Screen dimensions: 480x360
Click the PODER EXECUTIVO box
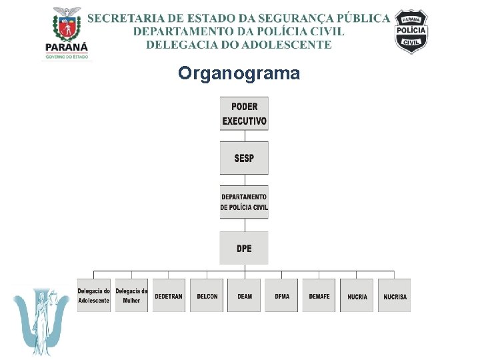(244, 113)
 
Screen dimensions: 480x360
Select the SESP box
(244, 158)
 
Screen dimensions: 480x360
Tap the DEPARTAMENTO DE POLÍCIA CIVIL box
(244, 202)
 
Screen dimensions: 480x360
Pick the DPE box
(244, 248)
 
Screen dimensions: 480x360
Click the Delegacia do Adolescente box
(94, 295)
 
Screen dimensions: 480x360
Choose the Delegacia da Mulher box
(131, 295)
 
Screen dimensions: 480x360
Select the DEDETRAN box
(169, 295)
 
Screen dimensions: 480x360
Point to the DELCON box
(207, 295)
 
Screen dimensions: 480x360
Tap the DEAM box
(244, 295)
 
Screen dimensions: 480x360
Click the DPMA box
(281, 295)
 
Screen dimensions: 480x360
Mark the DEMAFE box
(319, 295)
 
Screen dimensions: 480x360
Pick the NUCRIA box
(357, 295)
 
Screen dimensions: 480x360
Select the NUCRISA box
(395, 295)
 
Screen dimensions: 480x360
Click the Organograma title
(239, 73)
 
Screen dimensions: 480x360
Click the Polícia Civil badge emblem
(411, 31)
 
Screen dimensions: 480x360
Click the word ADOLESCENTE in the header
(294, 45)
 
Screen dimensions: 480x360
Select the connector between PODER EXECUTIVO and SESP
(244, 135)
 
